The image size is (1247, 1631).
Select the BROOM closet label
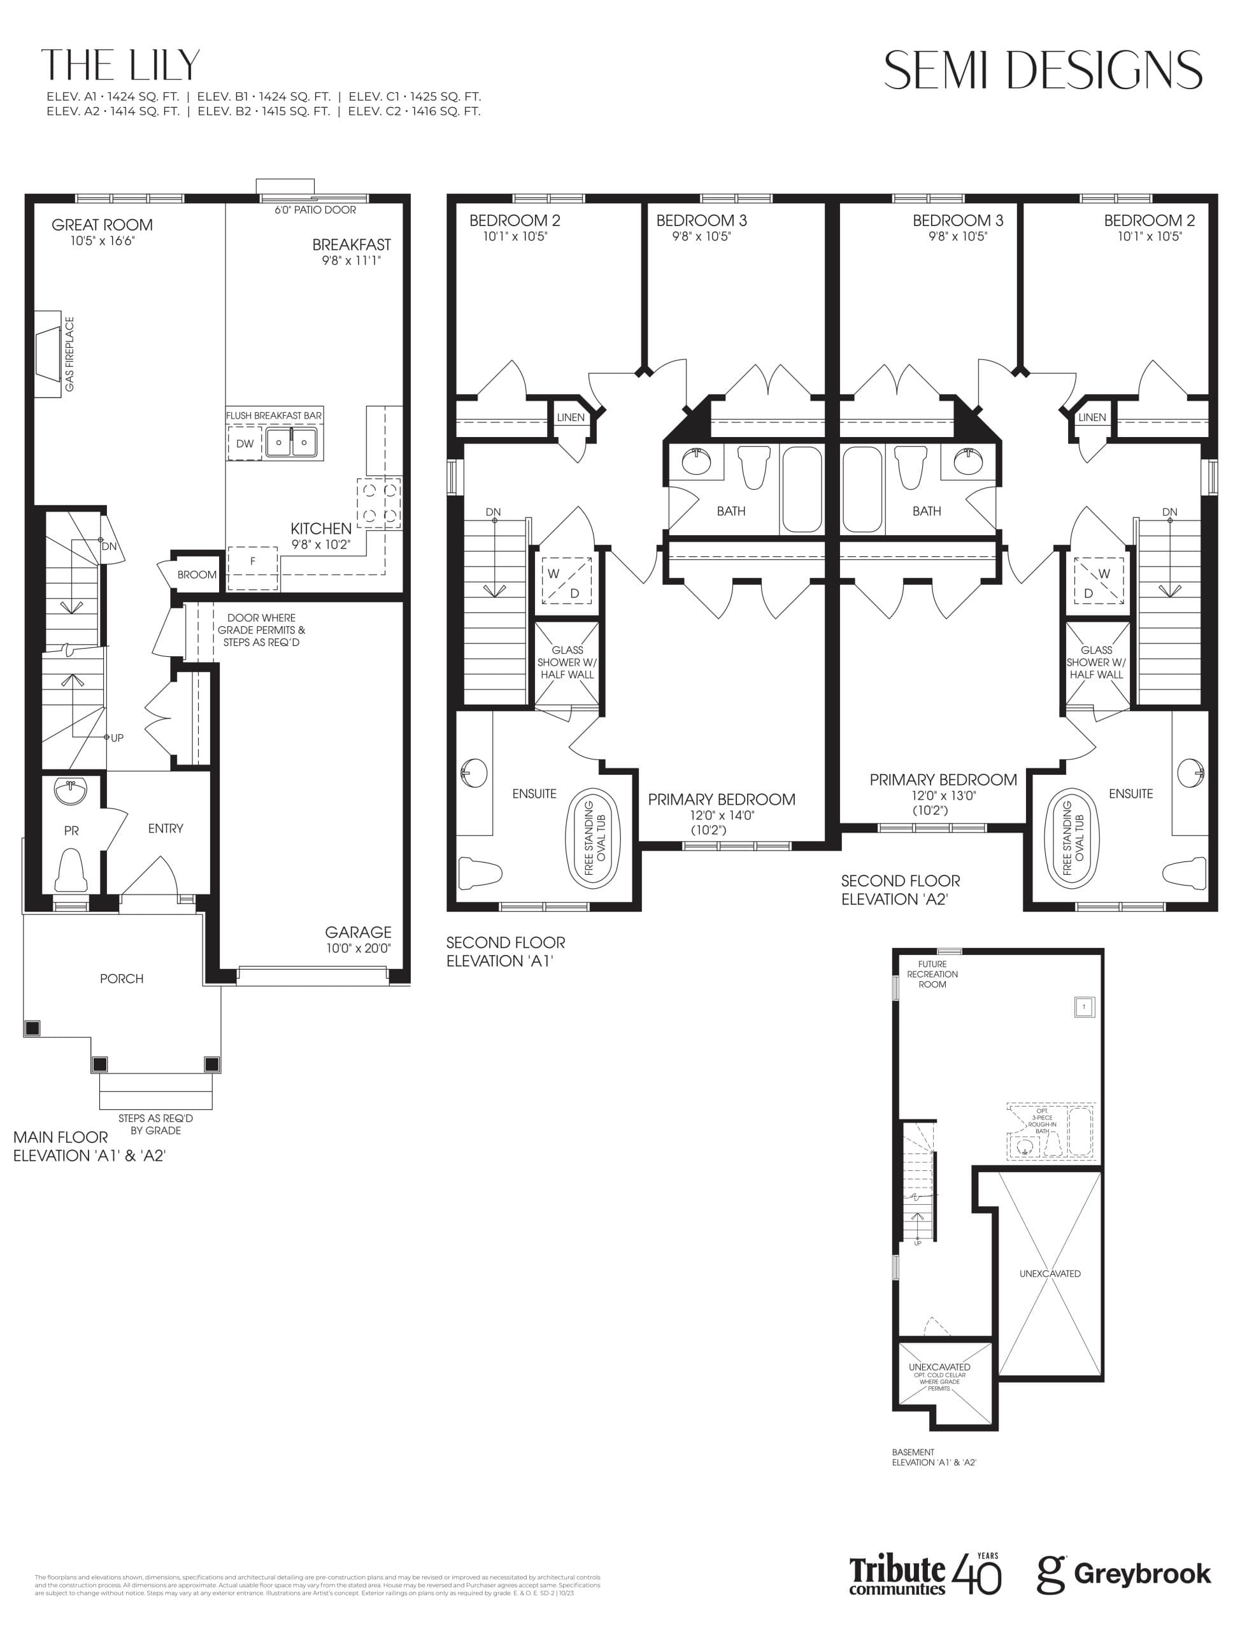pyautogui.click(x=197, y=575)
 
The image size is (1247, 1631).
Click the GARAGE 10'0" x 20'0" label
pyautogui.click(x=358, y=939)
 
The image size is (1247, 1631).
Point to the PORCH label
pyautogui.click(x=122, y=979)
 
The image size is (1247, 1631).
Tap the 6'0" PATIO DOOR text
pyautogui.click(x=315, y=210)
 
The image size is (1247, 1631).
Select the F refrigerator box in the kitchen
pyautogui.click(x=252, y=562)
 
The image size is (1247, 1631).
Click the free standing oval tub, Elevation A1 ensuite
pyautogui.click(x=594, y=837)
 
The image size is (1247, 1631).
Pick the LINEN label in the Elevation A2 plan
pyautogui.click(x=1092, y=417)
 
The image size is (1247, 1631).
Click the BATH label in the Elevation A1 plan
pyautogui.click(x=731, y=511)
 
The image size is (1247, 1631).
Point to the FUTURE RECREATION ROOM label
pyautogui.click(x=932, y=974)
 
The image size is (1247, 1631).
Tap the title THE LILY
pyautogui.click(x=121, y=66)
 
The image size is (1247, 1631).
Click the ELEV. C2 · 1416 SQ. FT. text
pyautogui.click(x=414, y=111)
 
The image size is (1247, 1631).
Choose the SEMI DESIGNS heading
pyautogui.click(x=1042, y=71)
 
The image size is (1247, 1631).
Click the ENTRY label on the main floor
pyautogui.click(x=166, y=828)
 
